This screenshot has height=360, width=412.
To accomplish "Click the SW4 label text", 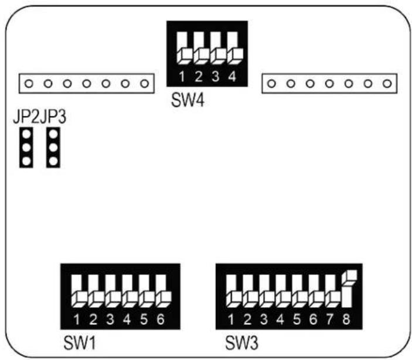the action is pyautogui.click(x=188, y=100).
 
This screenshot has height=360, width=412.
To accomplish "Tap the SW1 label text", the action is pyautogui.click(x=80, y=342).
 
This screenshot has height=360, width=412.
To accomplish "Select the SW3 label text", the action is pyautogui.click(x=241, y=342).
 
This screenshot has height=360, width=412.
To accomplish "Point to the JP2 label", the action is pyautogui.click(x=26, y=116).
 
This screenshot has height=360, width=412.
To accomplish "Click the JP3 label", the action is pyautogui.click(x=53, y=116).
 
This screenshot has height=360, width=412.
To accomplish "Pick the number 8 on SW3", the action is pyautogui.click(x=346, y=320).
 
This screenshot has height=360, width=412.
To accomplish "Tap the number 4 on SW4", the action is pyautogui.click(x=232, y=77).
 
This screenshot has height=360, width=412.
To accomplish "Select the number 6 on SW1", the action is pyautogui.click(x=161, y=320).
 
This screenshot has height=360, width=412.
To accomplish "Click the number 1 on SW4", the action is pyautogui.click(x=182, y=77).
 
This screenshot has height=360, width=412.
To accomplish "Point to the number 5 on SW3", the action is pyautogui.click(x=297, y=320).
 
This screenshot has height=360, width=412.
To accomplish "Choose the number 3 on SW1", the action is pyautogui.click(x=110, y=320).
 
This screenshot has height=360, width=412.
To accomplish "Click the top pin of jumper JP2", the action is pyautogui.click(x=26, y=135).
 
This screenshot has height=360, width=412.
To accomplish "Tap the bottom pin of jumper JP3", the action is pyautogui.click(x=53, y=161).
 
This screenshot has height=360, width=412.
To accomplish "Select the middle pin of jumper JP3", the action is pyautogui.click(x=53, y=148).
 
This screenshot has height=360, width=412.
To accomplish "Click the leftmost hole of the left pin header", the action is pyautogui.click(x=29, y=84).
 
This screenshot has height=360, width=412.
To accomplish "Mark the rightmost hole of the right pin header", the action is pyautogui.click(x=387, y=84).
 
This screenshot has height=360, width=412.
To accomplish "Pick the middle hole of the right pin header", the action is pyautogui.click(x=329, y=84).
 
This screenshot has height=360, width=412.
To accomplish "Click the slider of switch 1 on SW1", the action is pyautogui.click(x=79, y=299).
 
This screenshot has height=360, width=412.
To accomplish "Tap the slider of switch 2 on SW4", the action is pyautogui.click(x=202, y=56).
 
